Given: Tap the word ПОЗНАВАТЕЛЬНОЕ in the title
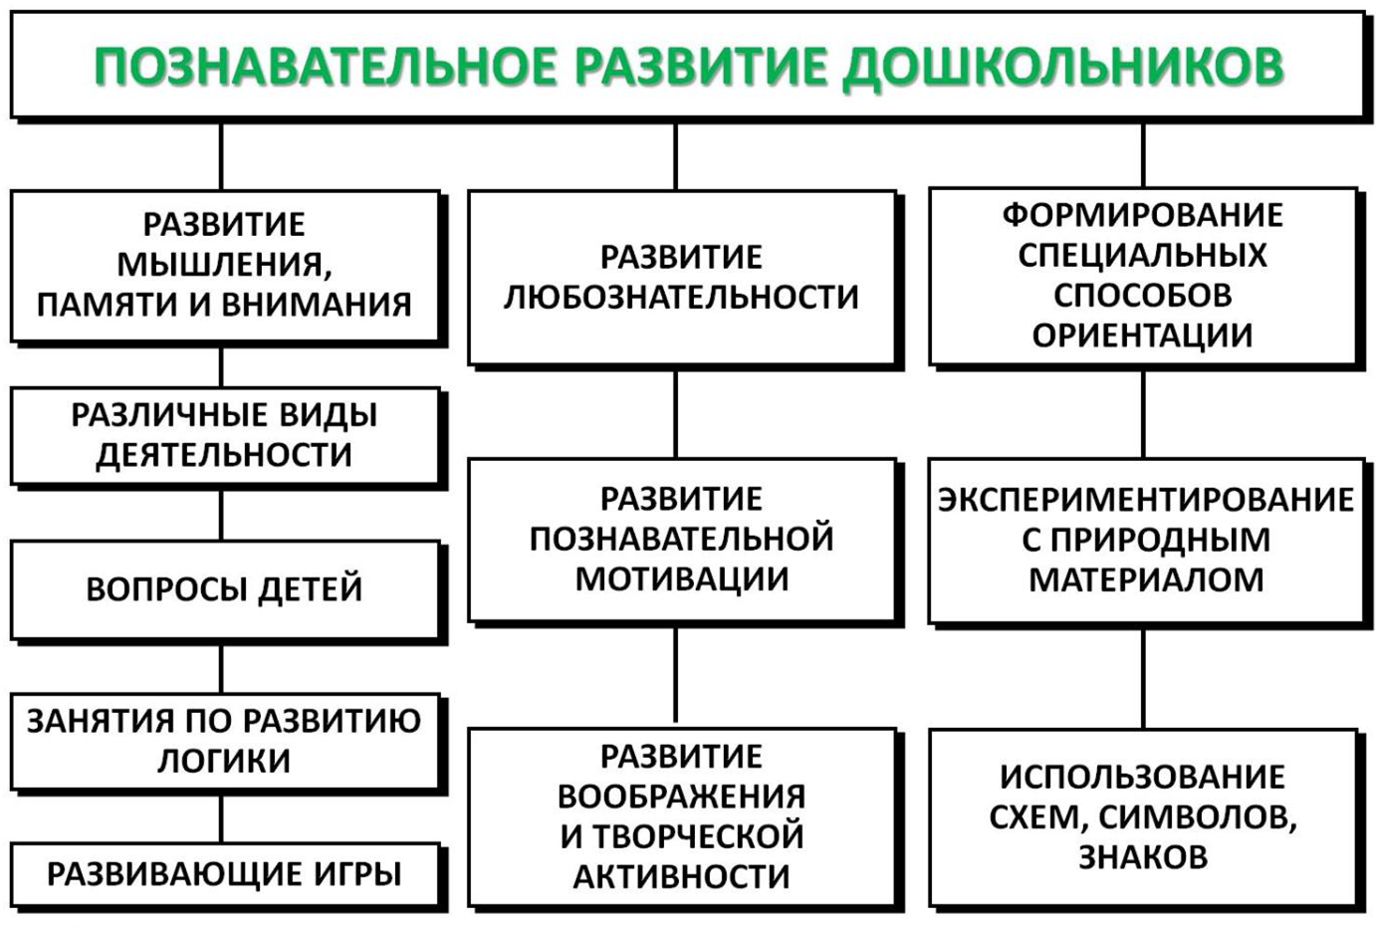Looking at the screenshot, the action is pos(325,65).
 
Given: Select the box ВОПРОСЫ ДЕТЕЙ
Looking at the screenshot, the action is pos(225,589).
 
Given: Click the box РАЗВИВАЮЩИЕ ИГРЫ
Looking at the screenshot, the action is pos(225,874).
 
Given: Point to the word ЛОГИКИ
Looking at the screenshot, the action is pos(224,762).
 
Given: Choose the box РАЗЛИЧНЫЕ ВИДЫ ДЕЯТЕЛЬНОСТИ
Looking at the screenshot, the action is pos(225,435).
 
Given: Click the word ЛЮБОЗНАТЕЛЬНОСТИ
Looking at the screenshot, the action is pos(681,298).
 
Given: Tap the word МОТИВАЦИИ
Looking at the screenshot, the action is pos(682,580).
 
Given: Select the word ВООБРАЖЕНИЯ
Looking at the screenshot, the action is pos(681,797).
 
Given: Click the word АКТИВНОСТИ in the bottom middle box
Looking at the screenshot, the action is pos(681,877).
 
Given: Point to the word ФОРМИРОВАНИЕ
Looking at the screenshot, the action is pos(1143,216).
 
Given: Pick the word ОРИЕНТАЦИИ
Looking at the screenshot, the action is pos(1143,337).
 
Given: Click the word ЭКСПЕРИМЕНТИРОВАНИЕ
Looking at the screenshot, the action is pos(1146,500).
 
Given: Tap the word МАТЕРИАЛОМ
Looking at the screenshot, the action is pos(1146,581).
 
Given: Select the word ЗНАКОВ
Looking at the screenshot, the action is pos(1143,857).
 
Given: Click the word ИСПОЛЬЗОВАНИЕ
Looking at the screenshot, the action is pos(1143,777).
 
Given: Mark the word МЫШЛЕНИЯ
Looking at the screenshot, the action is pos(225,265).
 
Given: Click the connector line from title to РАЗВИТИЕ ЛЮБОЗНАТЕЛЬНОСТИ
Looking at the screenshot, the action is pos(676,156).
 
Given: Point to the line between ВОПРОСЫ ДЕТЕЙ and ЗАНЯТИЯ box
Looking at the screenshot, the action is pos(221,669).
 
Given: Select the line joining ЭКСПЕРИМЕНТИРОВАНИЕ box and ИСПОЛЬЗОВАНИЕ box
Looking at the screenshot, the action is pos(1143,678).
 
